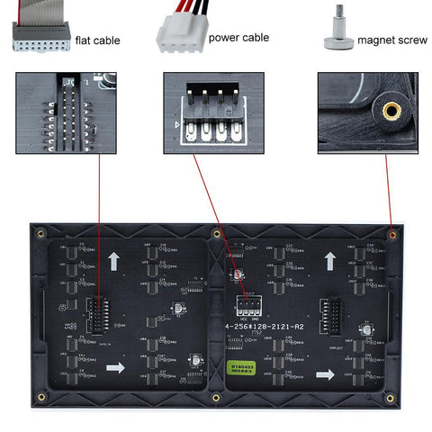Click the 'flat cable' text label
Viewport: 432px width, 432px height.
(x=98, y=40)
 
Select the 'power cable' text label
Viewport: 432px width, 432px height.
(x=238, y=39)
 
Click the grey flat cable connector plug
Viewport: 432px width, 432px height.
(x=40, y=35)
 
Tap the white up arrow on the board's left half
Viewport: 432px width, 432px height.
(x=114, y=262)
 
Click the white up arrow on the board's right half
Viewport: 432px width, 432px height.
(x=330, y=262)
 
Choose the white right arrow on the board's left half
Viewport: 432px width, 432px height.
(x=115, y=367)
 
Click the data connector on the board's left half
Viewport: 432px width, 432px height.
(x=96, y=316)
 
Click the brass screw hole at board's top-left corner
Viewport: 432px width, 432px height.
(x=40, y=234)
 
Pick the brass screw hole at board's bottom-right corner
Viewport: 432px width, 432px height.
(x=390, y=397)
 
